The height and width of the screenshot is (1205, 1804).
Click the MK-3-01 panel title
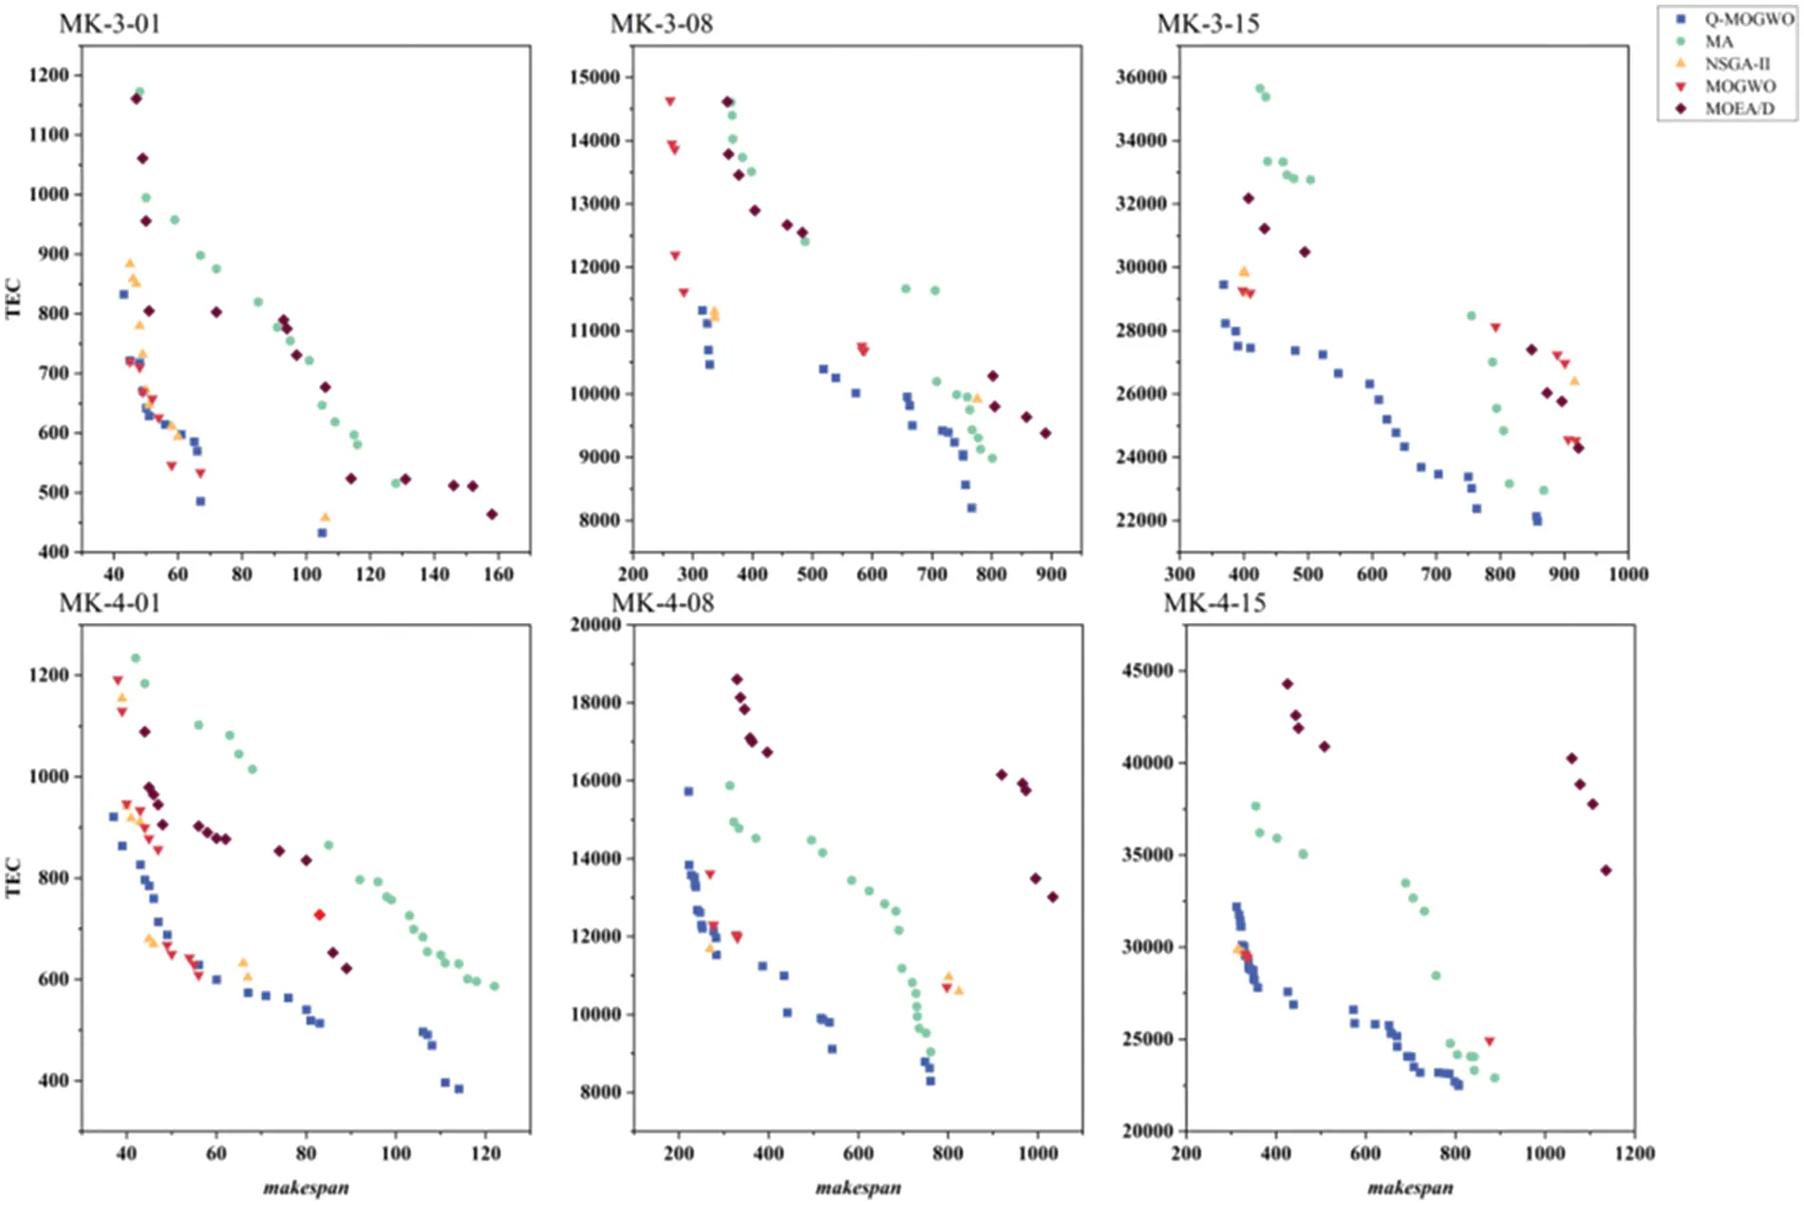(x=110, y=24)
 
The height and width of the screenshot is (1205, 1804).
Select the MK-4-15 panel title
(x=1214, y=603)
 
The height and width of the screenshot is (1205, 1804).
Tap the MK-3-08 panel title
(x=661, y=24)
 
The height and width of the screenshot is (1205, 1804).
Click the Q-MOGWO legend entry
(x=1748, y=19)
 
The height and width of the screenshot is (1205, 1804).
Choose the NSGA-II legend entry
(x=1737, y=64)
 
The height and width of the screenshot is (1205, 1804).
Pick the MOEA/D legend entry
(x=1738, y=108)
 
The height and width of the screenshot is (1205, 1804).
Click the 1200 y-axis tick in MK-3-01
(x=49, y=75)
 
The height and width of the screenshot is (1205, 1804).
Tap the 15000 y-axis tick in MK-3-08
(x=594, y=77)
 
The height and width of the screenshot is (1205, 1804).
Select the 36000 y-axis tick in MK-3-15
(x=1141, y=77)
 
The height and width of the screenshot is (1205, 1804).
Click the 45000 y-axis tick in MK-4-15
(x=1148, y=670)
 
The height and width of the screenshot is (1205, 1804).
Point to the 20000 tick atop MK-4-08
(x=594, y=624)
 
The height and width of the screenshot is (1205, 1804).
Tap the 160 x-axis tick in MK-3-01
(x=498, y=574)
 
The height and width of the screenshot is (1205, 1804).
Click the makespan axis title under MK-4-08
(x=858, y=1187)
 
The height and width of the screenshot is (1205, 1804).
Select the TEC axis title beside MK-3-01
(x=13, y=297)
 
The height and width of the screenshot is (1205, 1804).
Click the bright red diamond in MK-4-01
(x=320, y=914)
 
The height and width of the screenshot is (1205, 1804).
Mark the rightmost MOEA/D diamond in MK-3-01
(x=492, y=515)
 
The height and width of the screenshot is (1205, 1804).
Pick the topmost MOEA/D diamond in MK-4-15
(x=1287, y=684)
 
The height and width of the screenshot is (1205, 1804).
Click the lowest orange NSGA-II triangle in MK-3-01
(x=325, y=518)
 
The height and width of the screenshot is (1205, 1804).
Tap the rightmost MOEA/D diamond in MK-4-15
(x=1606, y=870)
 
